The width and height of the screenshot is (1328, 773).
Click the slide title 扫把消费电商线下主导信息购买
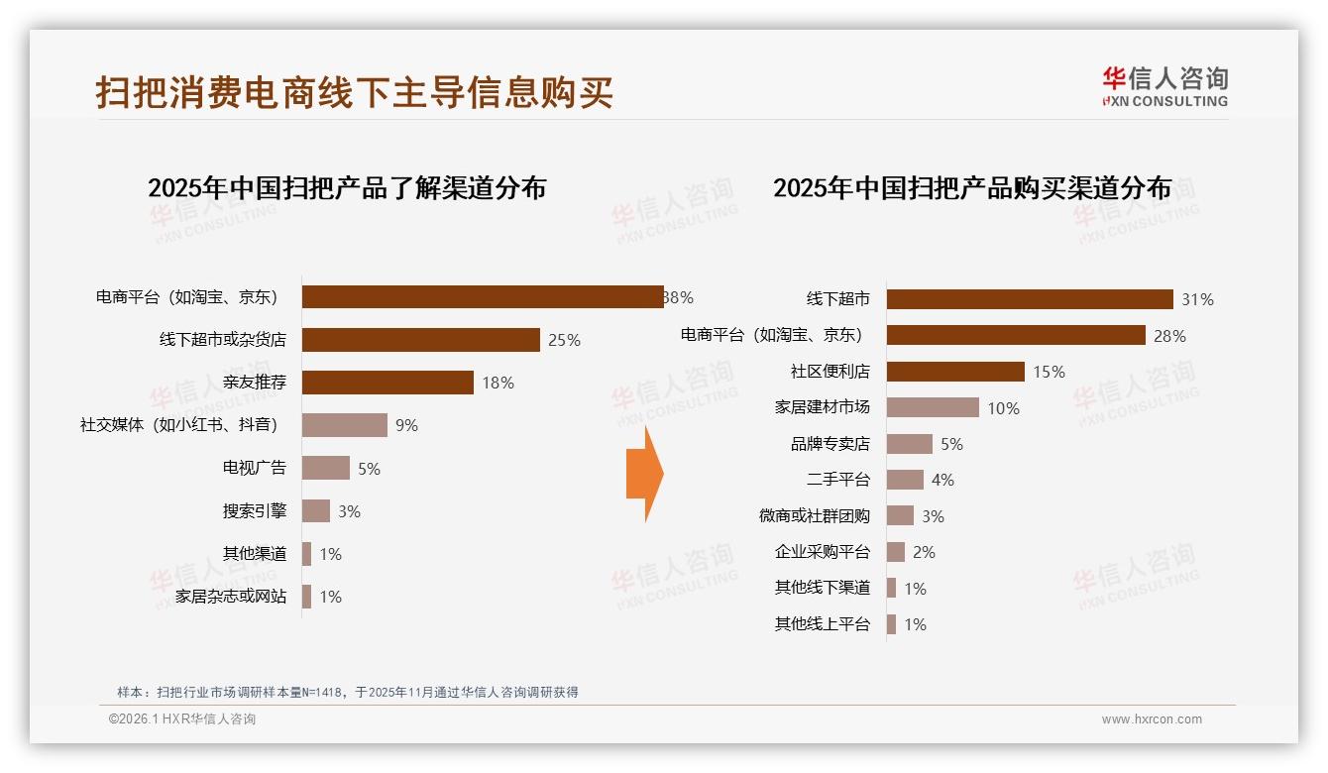pyautogui.click(x=355, y=92)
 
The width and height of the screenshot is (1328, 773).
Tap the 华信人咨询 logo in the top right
pyautogui.click(x=1164, y=86)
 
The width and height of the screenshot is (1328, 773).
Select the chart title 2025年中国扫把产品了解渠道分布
pyautogui.click(x=347, y=188)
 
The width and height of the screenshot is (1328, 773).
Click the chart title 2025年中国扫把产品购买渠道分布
pyautogui.click(x=972, y=188)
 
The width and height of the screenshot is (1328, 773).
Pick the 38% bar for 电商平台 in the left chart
pyautogui.click(x=483, y=297)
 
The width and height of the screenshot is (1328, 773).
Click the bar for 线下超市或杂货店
pyautogui.click(x=420, y=340)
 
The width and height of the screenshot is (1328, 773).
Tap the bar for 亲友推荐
pyautogui.click(x=387, y=383)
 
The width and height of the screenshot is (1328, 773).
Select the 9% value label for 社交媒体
pyautogui.click(x=406, y=426)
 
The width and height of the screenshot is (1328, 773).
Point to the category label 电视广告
pyautogui.click(x=255, y=469)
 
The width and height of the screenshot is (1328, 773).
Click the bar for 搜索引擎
pyautogui.click(x=316, y=511)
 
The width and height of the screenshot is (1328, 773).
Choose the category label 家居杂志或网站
pyautogui.click(x=231, y=597)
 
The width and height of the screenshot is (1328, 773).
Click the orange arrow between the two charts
pyautogui.click(x=644, y=474)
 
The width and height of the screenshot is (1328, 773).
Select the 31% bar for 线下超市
pyautogui.click(x=1030, y=299)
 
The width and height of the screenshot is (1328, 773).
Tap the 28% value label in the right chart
pyautogui.click(x=1169, y=336)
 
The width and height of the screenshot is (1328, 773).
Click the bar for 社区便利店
pyautogui.click(x=955, y=372)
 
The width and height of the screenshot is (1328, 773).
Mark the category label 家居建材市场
pyautogui.click(x=822, y=407)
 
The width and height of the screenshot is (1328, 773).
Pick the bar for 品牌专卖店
pyautogui.click(x=910, y=444)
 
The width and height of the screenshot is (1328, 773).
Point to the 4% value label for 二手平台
pyautogui.click(x=942, y=480)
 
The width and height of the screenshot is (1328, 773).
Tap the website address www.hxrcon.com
pyautogui.click(x=1152, y=719)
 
